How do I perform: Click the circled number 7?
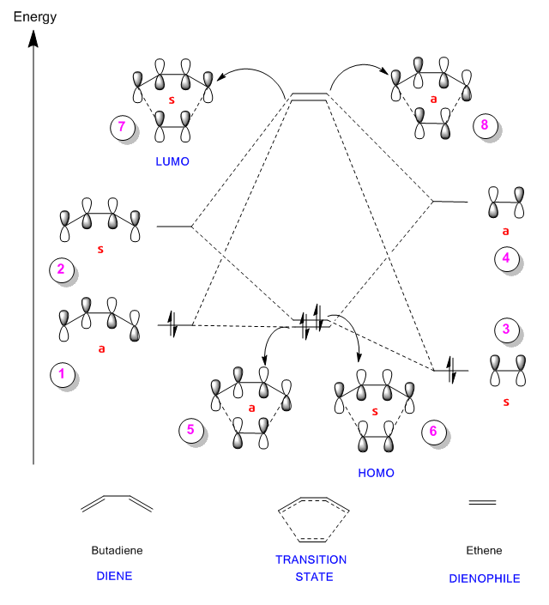coord(123,127)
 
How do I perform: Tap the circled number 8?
coord(485,125)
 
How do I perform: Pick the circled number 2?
coord(61,269)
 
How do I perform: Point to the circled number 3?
coord(507,329)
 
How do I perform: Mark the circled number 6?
coord(433,432)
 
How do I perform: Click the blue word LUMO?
coord(172,161)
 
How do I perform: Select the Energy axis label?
coord(35,16)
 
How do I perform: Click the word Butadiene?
coord(116,550)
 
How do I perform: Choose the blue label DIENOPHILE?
coord(485,578)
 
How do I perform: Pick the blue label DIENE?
coord(115,576)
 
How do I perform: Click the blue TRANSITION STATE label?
coord(311,568)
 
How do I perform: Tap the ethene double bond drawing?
coord(482,502)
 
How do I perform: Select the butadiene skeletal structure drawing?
coord(117,503)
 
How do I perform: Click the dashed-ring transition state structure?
coord(312,518)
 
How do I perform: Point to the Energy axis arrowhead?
coord(33,39)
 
